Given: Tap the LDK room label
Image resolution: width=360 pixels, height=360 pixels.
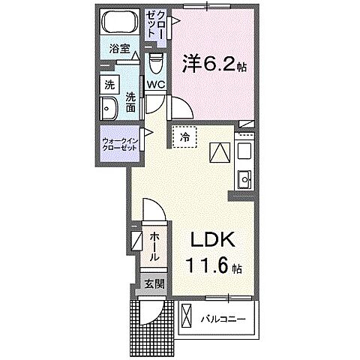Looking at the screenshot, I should click(211, 241).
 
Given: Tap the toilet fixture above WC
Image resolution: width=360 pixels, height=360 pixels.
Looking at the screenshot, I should click(155, 59).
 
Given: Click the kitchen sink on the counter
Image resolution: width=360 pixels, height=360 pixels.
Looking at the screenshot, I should click(244, 178).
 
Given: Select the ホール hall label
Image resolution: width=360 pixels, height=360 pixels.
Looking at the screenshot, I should click(154, 247).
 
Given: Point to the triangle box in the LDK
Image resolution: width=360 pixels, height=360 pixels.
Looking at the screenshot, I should click(218, 152).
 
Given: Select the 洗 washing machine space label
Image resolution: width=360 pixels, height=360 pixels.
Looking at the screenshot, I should click(109, 83).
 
